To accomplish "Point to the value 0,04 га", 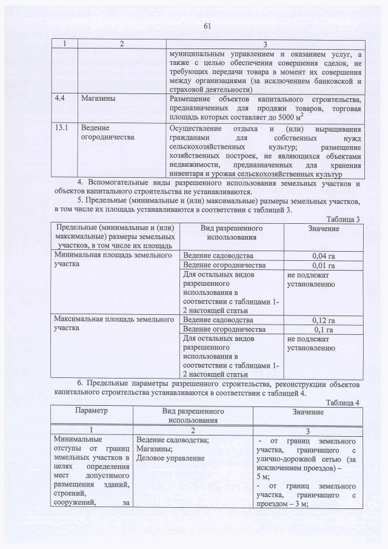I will click(x=324, y=256).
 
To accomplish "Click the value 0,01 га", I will click(x=324, y=266).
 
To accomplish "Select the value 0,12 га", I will click(x=324, y=320).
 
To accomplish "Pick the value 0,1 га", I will click(x=324, y=329).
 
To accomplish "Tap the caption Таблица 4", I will click(x=344, y=402).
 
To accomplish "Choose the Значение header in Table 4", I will click(x=307, y=412).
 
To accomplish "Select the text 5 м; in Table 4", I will click(x=263, y=477).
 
